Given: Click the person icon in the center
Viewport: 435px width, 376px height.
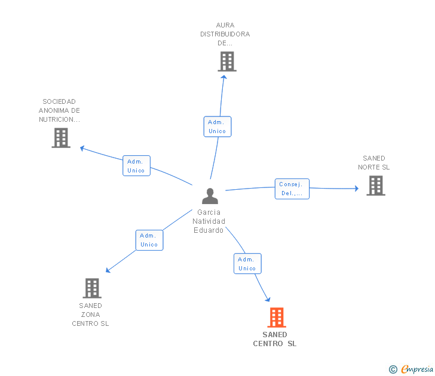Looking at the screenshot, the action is pyautogui.click(x=210, y=196).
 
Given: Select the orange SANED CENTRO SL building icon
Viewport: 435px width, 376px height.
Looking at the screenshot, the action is pyautogui.click(x=277, y=318).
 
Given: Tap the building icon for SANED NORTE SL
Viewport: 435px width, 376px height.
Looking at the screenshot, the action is pyautogui.click(x=376, y=186).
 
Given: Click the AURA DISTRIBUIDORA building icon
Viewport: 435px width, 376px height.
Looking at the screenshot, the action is pyautogui.click(x=227, y=61).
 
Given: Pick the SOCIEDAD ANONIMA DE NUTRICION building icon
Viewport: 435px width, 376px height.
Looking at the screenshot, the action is pyautogui.click(x=61, y=138).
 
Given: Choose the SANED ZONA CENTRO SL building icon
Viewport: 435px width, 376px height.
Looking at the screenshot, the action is pyautogui.click(x=92, y=288).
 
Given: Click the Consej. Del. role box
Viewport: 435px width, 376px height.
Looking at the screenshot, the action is pyautogui.click(x=292, y=189).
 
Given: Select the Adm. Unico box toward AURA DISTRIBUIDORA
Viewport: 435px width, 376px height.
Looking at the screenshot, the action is pyautogui.click(x=217, y=127).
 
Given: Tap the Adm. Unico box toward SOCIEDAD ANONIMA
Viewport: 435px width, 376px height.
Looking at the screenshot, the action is pyautogui.click(x=136, y=166).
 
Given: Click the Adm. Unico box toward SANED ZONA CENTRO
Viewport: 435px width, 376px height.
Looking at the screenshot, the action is pyautogui.click(x=149, y=241).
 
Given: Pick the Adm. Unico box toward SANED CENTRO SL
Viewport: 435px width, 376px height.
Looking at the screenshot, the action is pyautogui.click(x=247, y=264).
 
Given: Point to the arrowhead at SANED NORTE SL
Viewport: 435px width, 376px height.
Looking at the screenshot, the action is pyautogui.click(x=357, y=189).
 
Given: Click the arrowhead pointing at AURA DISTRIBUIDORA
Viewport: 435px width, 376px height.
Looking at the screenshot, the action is pyautogui.click(x=223, y=77).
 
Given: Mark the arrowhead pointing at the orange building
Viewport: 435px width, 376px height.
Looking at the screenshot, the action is pyautogui.click(x=268, y=299).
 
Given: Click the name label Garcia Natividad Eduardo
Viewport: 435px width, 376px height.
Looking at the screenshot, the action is pyautogui.click(x=209, y=221).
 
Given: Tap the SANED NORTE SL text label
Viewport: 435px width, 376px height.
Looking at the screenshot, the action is pyautogui.click(x=373, y=163).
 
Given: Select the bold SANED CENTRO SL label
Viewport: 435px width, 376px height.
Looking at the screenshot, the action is pyautogui.click(x=275, y=339).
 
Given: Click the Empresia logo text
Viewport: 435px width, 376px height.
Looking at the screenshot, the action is pyautogui.click(x=417, y=369).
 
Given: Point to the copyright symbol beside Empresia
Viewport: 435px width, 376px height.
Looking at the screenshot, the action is pyautogui.click(x=393, y=369).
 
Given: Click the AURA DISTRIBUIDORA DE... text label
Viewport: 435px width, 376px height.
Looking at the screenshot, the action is pyautogui.click(x=225, y=34).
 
